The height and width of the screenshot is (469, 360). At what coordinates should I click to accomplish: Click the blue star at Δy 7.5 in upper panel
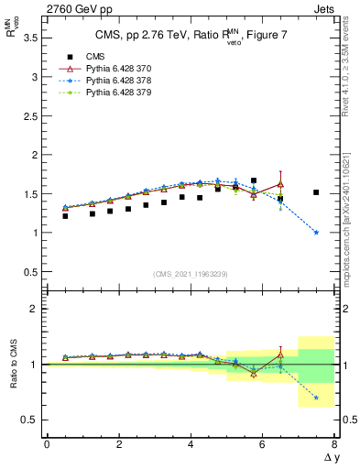[316, 233]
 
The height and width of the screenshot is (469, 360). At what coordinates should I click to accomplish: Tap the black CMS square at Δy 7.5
[316, 192]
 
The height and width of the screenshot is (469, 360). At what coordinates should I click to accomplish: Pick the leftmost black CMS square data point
[65, 216]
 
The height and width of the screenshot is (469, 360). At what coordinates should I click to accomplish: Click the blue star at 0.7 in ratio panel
[316, 398]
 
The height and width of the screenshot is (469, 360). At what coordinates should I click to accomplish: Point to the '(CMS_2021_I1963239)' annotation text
[191, 274]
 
